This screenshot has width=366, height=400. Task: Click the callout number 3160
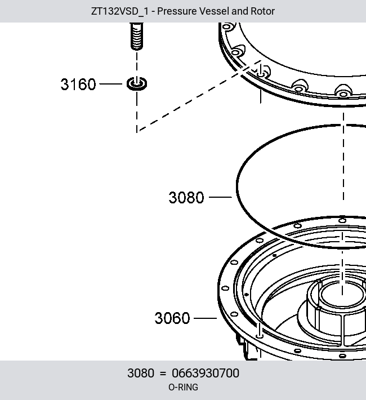coord(78,84)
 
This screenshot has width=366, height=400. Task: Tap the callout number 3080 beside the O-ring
coord(186,197)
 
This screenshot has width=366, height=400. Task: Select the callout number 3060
coord(172,318)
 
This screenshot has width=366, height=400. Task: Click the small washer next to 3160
coord(137,84)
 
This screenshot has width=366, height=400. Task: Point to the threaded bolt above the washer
coord(137,36)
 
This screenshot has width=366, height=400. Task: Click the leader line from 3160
coord(111,84)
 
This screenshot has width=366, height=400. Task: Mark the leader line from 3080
coord(220,197)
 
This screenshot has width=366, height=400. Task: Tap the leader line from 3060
coord(206,318)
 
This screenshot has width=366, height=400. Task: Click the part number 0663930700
coord(206,373)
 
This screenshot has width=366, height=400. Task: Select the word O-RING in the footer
coord(183,387)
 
